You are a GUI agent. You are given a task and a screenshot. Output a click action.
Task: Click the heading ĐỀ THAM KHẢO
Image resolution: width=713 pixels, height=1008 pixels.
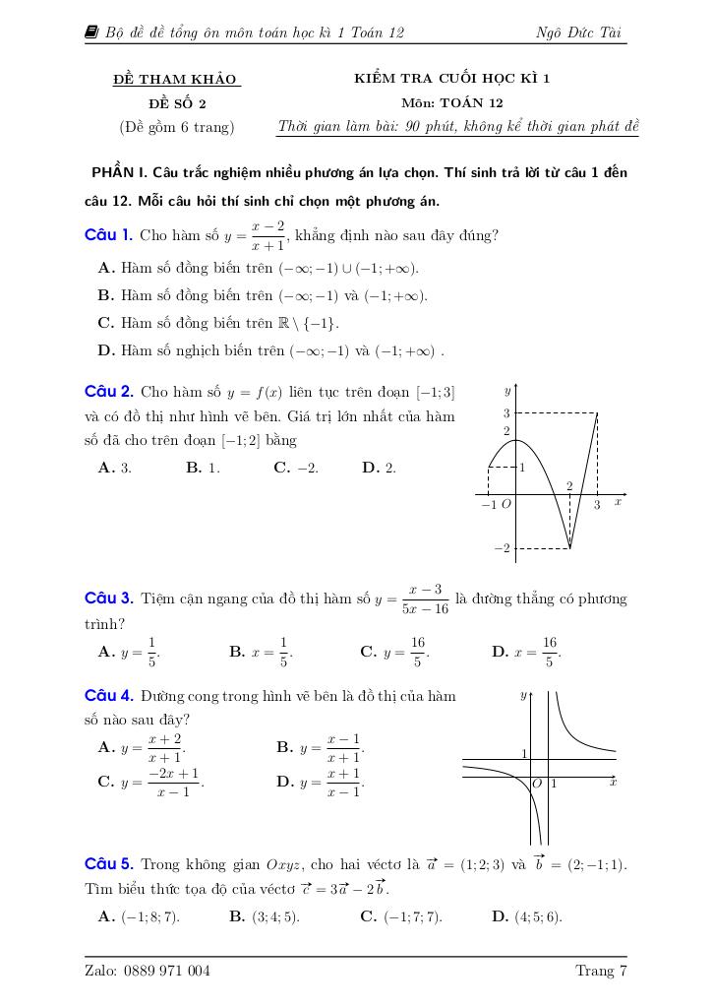(177, 79)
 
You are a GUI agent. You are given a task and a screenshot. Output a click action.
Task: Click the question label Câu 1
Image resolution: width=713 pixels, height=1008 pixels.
(108, 234)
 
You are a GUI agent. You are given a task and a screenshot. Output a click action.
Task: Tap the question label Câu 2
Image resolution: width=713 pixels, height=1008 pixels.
(108, 392)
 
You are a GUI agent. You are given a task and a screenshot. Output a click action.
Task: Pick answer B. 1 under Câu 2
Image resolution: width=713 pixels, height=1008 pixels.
(203, 469)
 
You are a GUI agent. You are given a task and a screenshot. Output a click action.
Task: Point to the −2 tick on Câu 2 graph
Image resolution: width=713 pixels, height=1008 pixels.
(503, 548)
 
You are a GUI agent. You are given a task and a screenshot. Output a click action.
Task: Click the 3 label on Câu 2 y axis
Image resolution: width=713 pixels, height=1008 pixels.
(506, 413)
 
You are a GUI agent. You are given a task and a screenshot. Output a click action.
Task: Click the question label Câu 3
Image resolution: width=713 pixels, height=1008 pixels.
(108, 598)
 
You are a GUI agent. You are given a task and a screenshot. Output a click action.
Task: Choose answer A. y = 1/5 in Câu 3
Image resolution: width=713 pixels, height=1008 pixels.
(129, 651)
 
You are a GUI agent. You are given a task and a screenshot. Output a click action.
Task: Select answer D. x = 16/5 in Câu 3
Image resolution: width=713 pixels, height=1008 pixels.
(526, 651)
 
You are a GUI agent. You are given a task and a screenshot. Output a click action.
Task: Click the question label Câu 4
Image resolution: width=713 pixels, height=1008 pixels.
(108, 695)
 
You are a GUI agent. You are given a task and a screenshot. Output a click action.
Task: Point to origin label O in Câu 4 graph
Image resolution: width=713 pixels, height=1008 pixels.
(537, 784)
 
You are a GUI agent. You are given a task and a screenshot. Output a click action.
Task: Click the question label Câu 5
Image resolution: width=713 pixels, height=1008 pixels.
(108, 864)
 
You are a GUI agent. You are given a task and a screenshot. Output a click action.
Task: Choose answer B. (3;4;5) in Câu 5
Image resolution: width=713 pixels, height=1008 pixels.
(265, 916)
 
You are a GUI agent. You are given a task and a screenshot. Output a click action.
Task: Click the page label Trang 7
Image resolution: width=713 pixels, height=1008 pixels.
(601, 972)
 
